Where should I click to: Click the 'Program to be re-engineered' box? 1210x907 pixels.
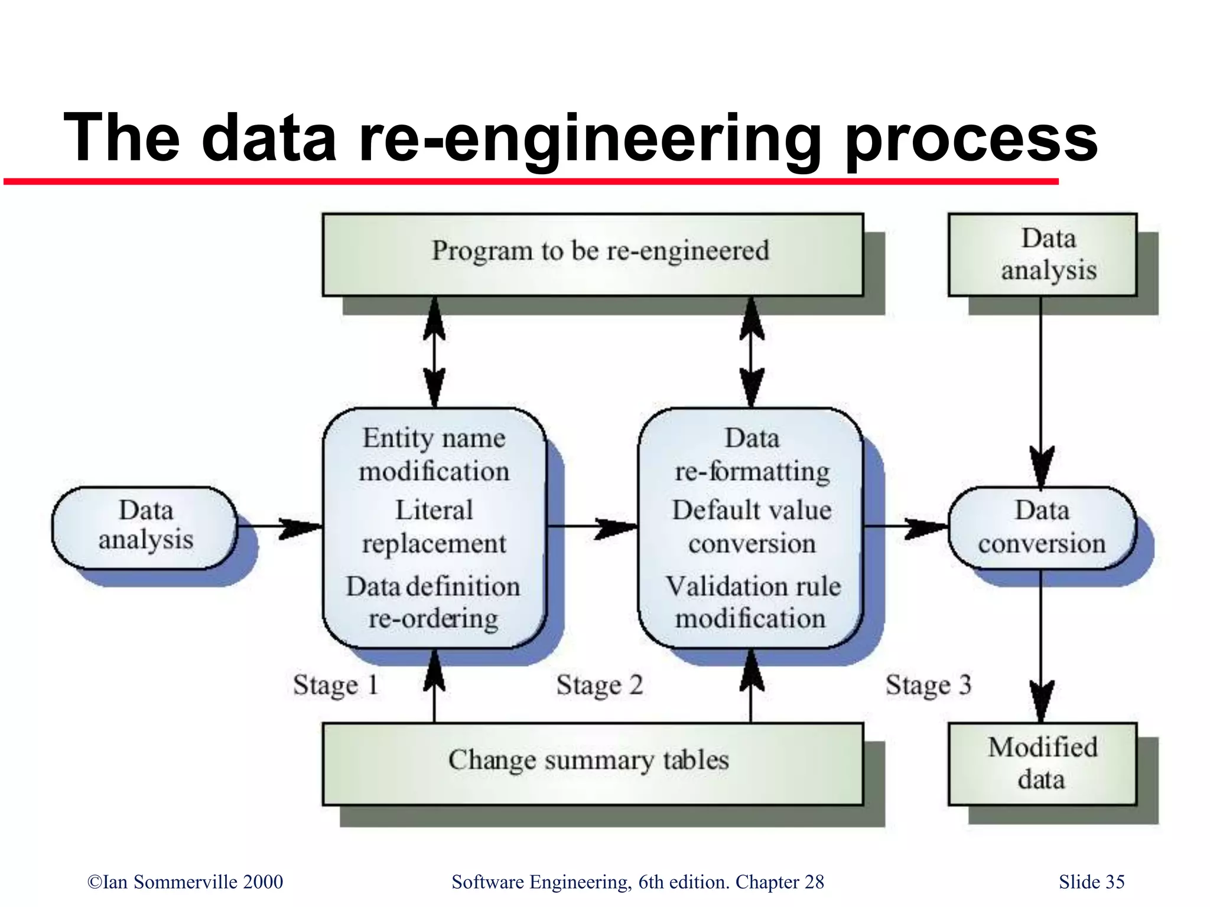pyautogui.click(x=593, y=255)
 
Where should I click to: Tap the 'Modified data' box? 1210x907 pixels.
pyautogui.click(x=1042, y=763)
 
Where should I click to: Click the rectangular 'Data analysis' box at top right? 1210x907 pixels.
pyautogui.click(x=1042, y=255)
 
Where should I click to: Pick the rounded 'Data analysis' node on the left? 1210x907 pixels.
pyautogui.click(x=145, y=526)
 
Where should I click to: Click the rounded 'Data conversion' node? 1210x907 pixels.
pyautogui.click(x=1042, y=527)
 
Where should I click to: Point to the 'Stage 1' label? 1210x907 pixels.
pyautogui.click(x=335, y=685)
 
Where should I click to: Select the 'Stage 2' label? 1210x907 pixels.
pyautogui.click(x=599, y=685)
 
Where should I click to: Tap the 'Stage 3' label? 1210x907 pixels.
pyautogui.click(x=928, y=685)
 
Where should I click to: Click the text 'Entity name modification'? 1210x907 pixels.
pyautogui.click(x=434, y=455)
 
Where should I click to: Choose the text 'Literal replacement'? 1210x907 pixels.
pyautogui.click(x=434, y=527)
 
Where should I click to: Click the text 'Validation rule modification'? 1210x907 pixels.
pyautogui.click(x=752, y=602)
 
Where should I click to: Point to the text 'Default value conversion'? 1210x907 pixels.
pyautogui.click(x=752, y=527)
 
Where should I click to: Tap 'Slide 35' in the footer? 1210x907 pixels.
pyautogui.click(x=1091, y=882)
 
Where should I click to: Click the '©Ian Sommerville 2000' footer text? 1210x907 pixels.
pyautogui.click(x=185, y=882)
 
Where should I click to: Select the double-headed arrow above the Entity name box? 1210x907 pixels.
pyautogui.click(x=435, y=352)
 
